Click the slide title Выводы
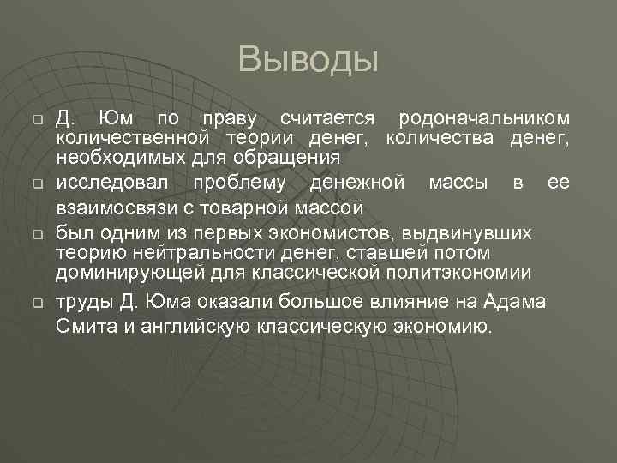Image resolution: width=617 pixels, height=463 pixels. tap(308, 59)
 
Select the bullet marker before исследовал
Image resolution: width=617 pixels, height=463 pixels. tap(38, 184)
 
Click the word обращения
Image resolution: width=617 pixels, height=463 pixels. tap(292, 158)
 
